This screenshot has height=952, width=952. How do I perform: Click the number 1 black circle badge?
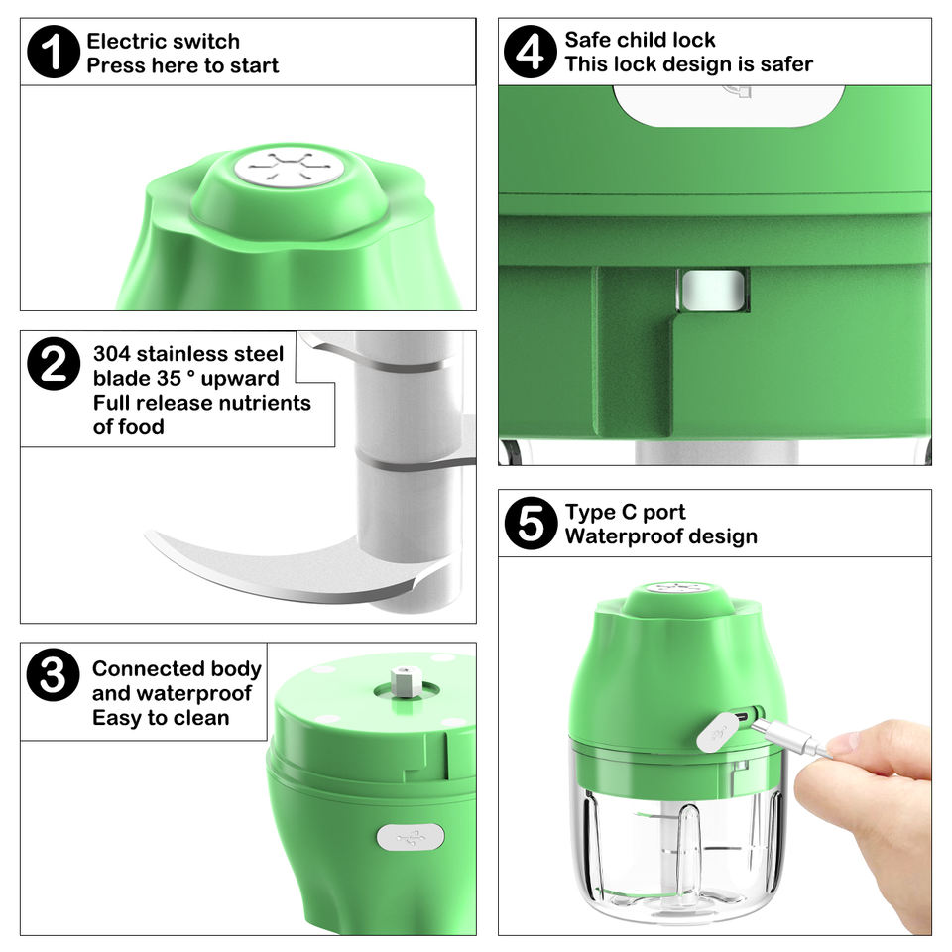(x=54, y=52)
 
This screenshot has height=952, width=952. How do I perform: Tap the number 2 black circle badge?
(x=54, y=364)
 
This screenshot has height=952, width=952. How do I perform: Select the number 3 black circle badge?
(x=53, y=675)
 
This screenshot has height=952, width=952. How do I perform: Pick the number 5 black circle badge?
(x=531, y=524)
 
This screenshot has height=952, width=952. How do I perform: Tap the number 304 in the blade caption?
(x=112, y=353)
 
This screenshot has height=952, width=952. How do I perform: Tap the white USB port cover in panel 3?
(x=411, y=838)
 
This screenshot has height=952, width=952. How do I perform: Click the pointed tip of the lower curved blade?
(x=147, y=534)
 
